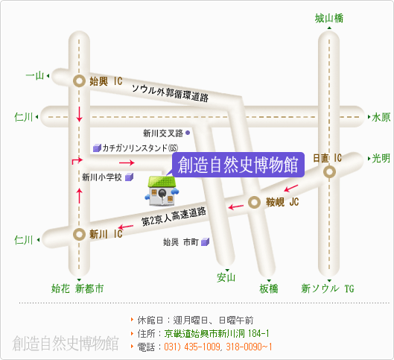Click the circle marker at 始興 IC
pos(79,81)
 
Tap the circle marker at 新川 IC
pos(79,234)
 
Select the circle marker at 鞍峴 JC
pos(254,203)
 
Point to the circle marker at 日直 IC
pos(329,172)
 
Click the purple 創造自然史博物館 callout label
pos(238,165)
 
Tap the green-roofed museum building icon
pos(162,191)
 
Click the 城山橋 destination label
pos(329,19)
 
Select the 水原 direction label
pos(381,117)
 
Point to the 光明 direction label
pos(381,158)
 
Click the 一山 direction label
pos(35,75)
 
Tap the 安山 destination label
pos(226,277)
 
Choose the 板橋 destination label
pos(269,288)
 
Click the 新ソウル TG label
pos(328,288)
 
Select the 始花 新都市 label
pos(77,288)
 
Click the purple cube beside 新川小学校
pos(129,177)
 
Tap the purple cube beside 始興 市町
pos(205,241)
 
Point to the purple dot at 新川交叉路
pos(188,133)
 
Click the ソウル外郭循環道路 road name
pos(170,93)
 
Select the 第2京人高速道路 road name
pos(174,216)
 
